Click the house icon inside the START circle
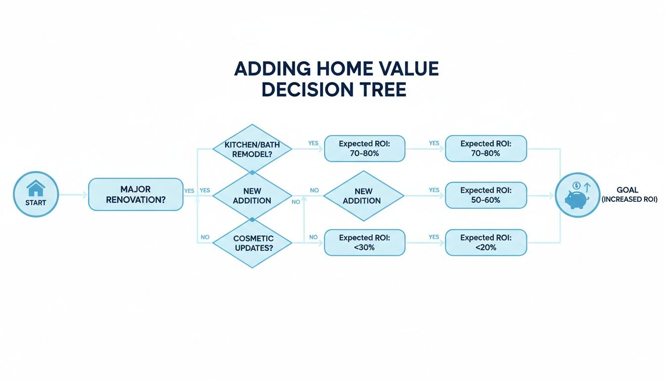tap(36, 188)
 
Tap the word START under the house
tap(36, 202)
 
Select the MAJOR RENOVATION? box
tap(136, 194)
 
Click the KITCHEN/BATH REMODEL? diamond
tap(252, 148)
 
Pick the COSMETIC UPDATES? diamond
tap(252, 243)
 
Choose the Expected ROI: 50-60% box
tap(486, 195)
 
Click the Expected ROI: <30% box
tap(364, 242)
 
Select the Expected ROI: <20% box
tap(486, 242)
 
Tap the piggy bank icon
tap(577, 197)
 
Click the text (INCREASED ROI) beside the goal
tap(629, 199)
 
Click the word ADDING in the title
tap(272, 68)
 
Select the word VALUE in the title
tap(407, 68)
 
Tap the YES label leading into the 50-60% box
tap(434, 190)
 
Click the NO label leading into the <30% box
tap(313, 237)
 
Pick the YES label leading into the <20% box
tap(434, 237)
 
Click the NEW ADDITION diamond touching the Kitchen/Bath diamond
tap(252, 195)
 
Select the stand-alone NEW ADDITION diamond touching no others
tap(364, 195)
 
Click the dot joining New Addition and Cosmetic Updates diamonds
tap(252, 219)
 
